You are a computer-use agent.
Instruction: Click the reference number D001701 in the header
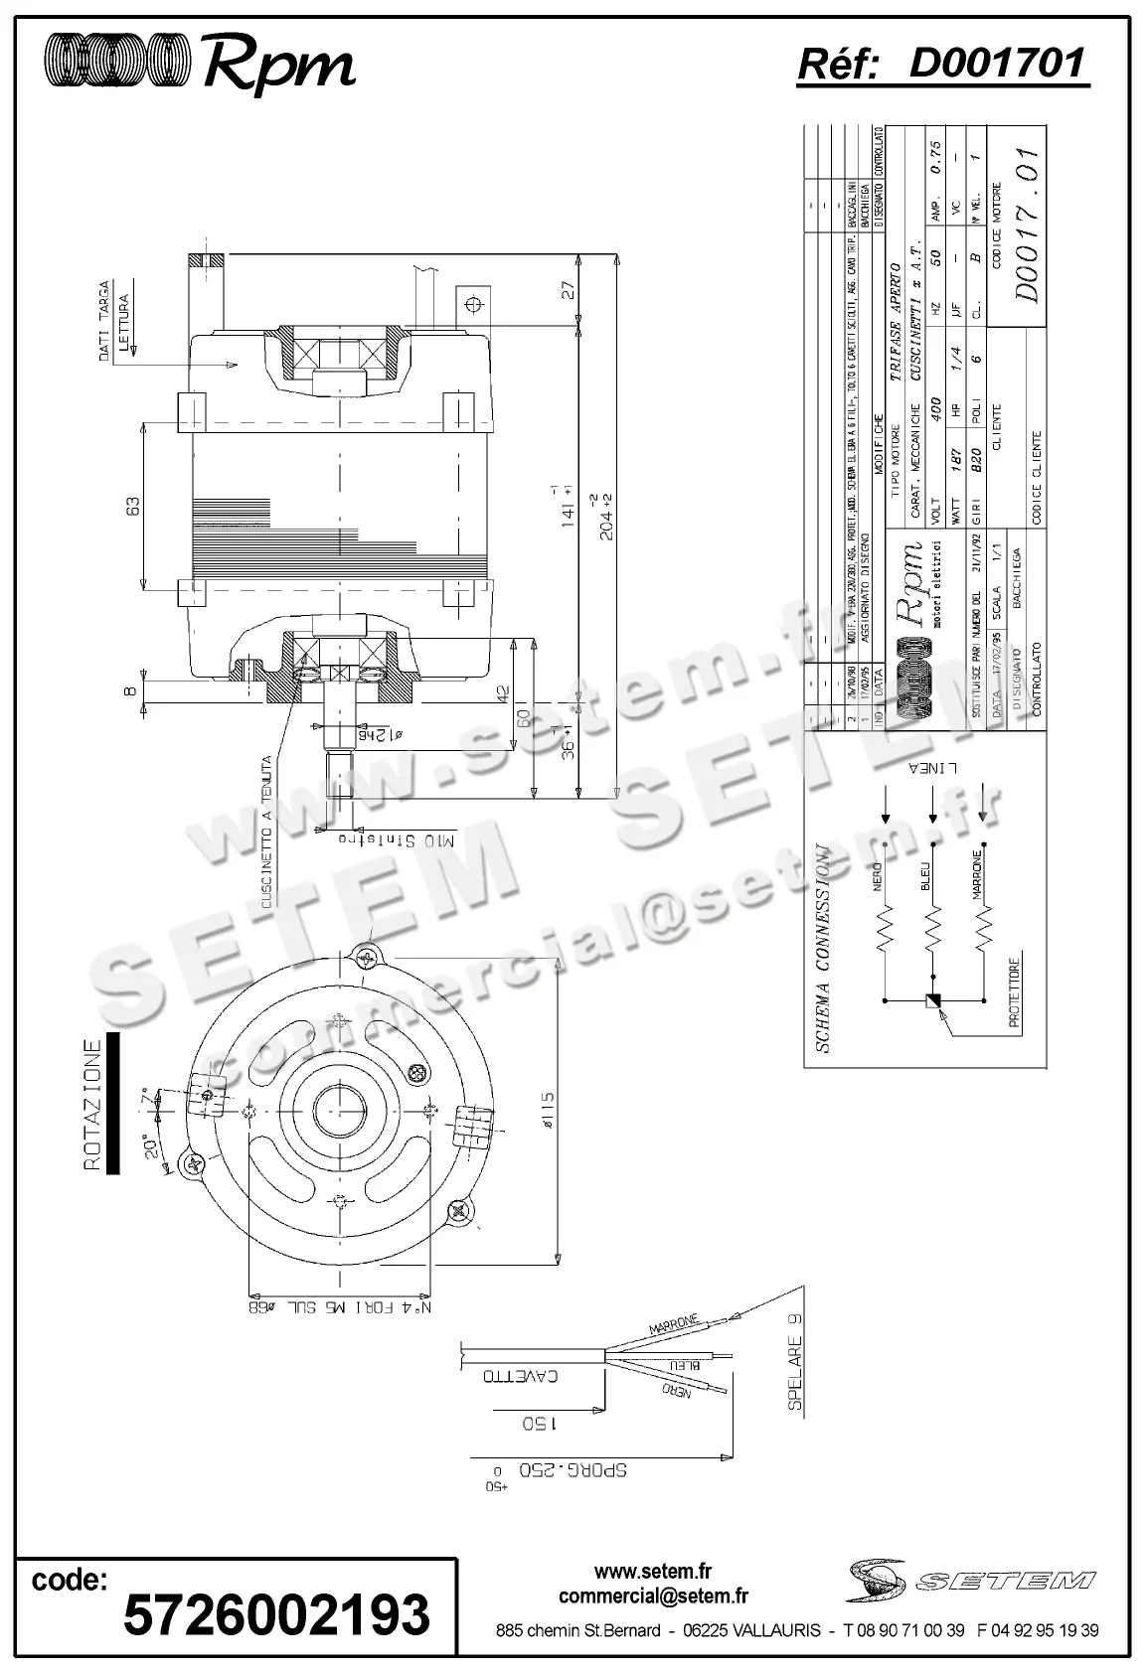point(996,63)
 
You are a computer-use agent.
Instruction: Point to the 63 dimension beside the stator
point(131,505)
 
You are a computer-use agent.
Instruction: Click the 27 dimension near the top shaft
point(568,291)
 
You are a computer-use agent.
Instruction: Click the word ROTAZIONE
point(92,1105)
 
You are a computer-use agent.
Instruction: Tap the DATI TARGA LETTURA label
point(113,329)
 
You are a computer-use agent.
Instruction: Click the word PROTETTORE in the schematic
point(1015,994)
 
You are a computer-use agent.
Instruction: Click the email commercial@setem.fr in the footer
point(653,1596)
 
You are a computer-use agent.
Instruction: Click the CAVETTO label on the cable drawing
point(521,1377)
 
